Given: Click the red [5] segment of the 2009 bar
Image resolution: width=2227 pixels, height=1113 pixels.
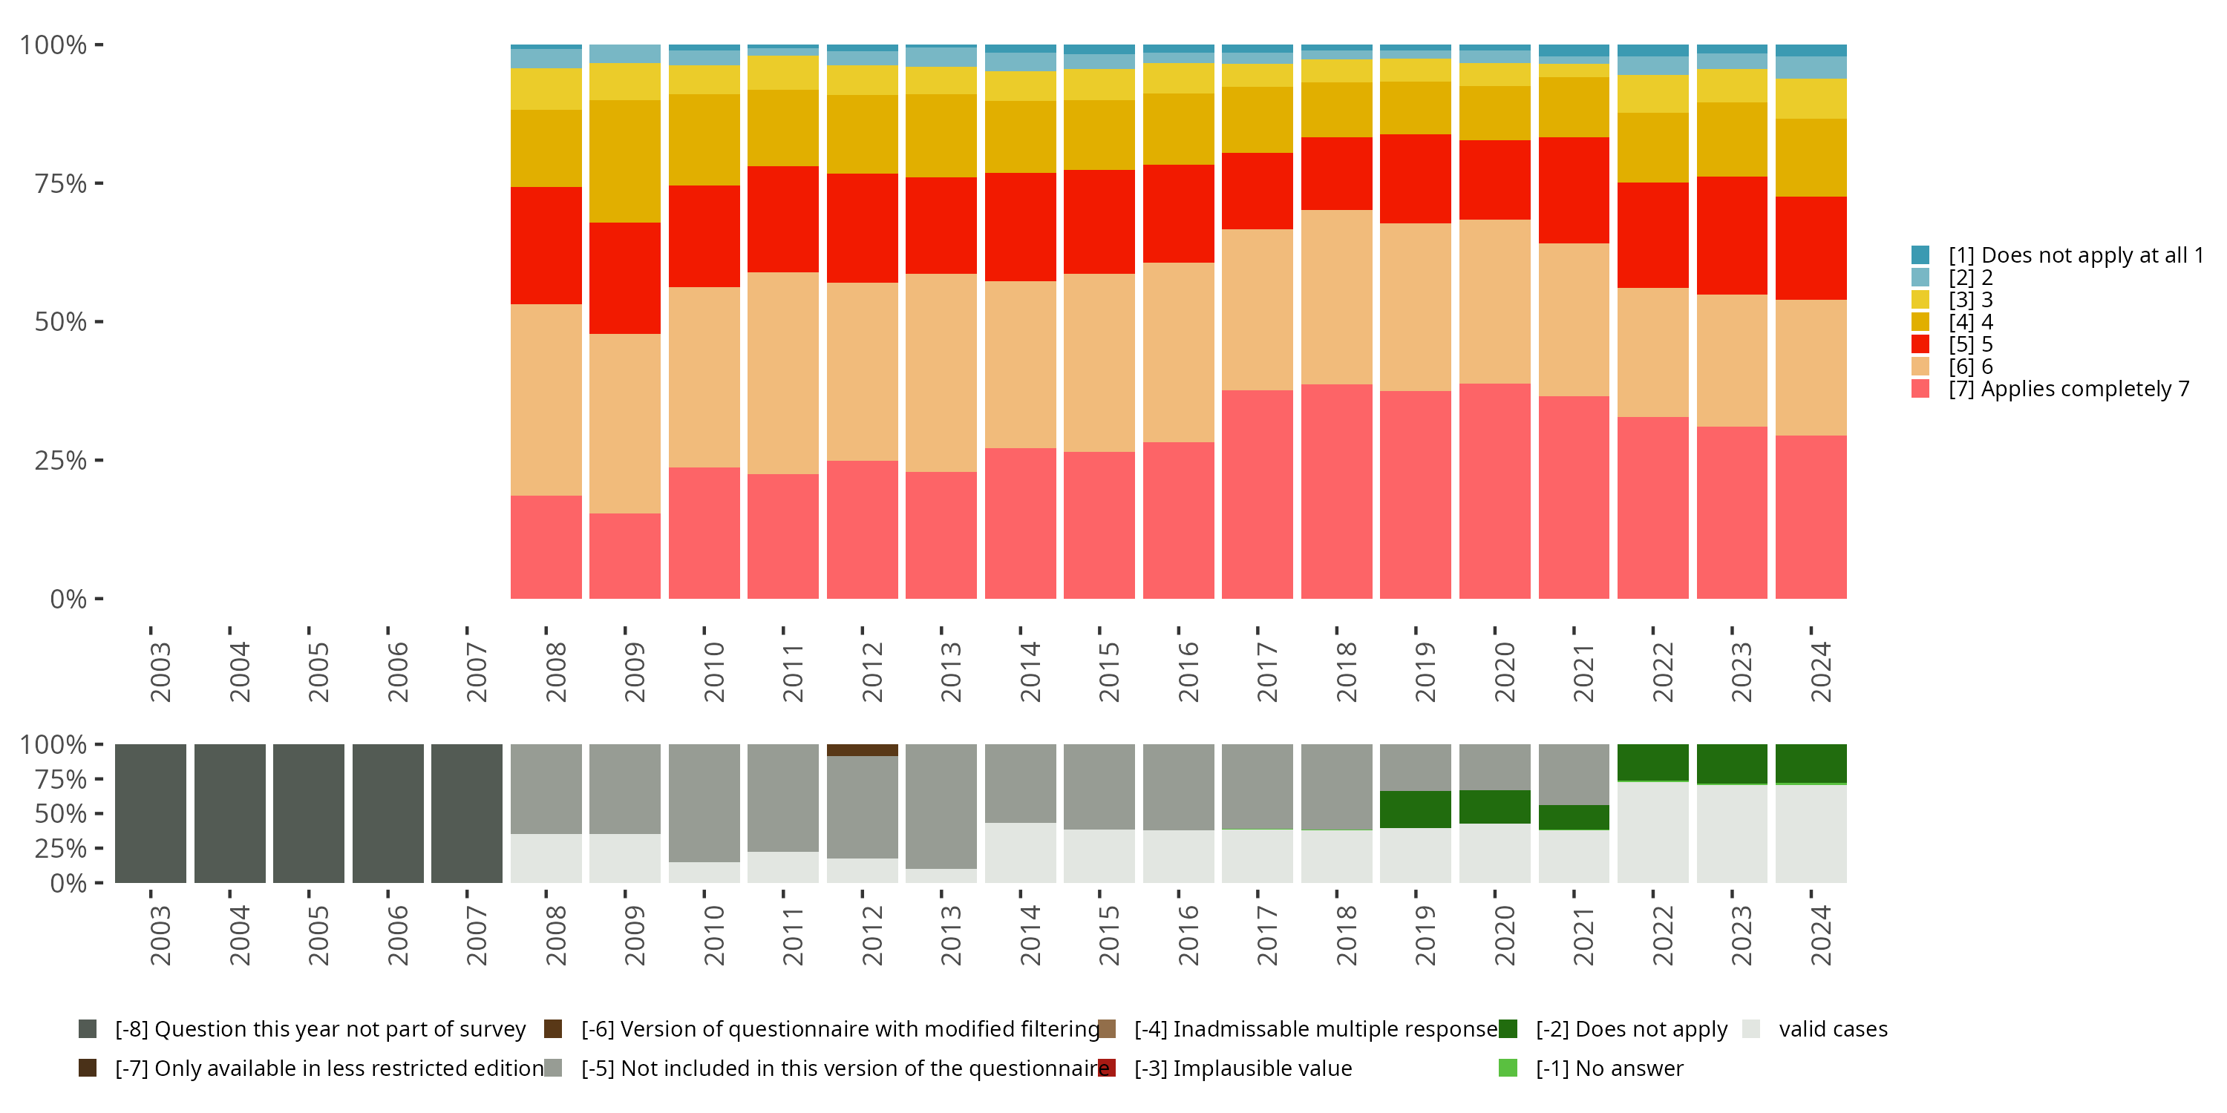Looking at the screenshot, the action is [x=624, y=278].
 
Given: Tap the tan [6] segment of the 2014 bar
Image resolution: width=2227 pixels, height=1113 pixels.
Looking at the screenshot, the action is [x=1020, y=364].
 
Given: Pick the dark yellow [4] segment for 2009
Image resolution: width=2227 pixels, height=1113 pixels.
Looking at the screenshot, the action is [x=624, y=162].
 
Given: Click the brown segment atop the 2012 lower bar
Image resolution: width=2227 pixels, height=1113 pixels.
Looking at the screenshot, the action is [x=862, y=750].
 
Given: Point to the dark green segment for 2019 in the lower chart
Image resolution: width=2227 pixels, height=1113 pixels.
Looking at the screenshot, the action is [x=1415, y=810].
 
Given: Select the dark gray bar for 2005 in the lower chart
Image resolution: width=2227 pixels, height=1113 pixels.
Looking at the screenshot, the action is [x=309, y=813].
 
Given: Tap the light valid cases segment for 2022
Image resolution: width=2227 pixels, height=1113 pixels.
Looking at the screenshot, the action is [x=1652, y=833].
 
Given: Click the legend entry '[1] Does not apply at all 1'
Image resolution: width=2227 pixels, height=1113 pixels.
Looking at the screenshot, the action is [x=2058, y=255].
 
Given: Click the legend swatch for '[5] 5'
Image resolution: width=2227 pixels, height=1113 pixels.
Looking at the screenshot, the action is [x=1920, y=344].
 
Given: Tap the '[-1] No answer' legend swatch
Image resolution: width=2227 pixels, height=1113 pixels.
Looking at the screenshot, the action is [x=1508, y=1068].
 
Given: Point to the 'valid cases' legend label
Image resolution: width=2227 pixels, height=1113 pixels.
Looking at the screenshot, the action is [x=1833, y=1029].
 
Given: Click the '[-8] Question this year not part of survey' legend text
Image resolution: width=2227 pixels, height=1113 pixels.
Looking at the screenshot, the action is [x=320, y=1029].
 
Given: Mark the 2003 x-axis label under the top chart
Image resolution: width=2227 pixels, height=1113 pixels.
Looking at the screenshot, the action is [x=160, y=672].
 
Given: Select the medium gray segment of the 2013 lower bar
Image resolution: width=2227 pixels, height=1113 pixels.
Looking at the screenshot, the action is [x=941, y=807].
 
